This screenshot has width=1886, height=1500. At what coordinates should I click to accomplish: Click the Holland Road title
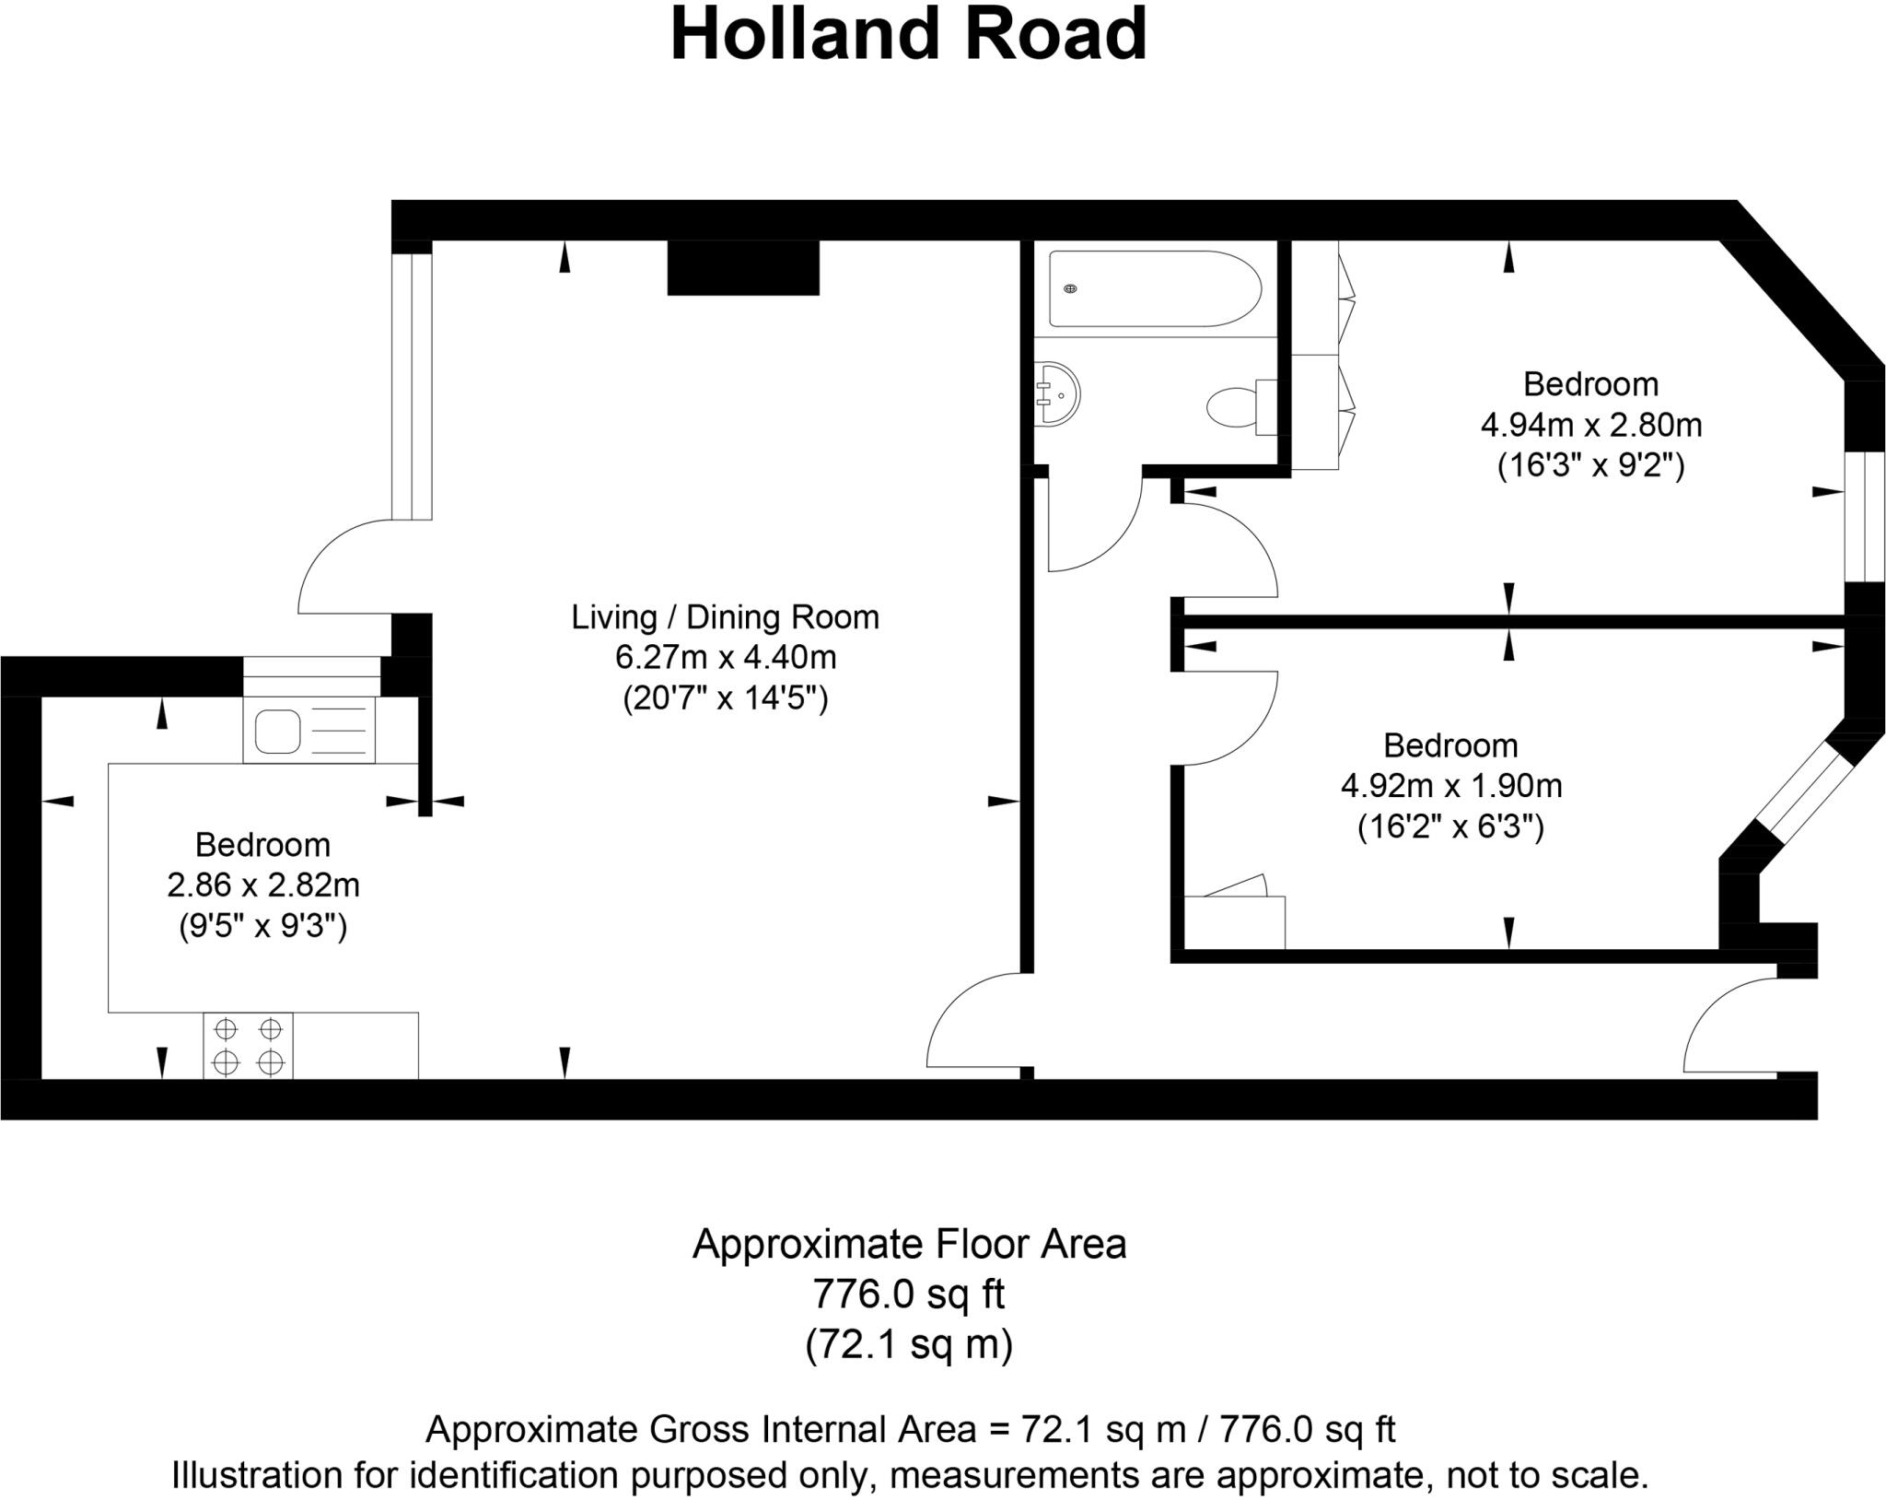coord(908,35)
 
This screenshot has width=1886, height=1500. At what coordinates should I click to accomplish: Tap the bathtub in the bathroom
coord(1155,288)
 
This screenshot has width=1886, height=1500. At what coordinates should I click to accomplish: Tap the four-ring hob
coord(248,1046)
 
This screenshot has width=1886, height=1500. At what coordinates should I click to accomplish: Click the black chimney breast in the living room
coord(742,268)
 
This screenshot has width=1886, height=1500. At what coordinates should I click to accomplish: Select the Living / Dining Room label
coord(725,616)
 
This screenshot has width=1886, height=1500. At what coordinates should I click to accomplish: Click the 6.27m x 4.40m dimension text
coord(725,658)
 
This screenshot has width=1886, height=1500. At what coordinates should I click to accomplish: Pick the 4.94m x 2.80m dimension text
coord(1590,426)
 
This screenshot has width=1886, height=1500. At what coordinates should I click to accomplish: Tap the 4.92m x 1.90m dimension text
coord(1450,786)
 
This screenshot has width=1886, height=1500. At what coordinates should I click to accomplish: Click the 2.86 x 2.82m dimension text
coord(262,885)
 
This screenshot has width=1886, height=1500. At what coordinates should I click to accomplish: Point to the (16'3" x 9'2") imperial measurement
coord(1590,466)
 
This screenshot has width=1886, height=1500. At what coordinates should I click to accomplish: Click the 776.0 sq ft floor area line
coord(908,1295)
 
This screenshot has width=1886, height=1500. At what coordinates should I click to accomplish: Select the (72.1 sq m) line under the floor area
coord(908,1344)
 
